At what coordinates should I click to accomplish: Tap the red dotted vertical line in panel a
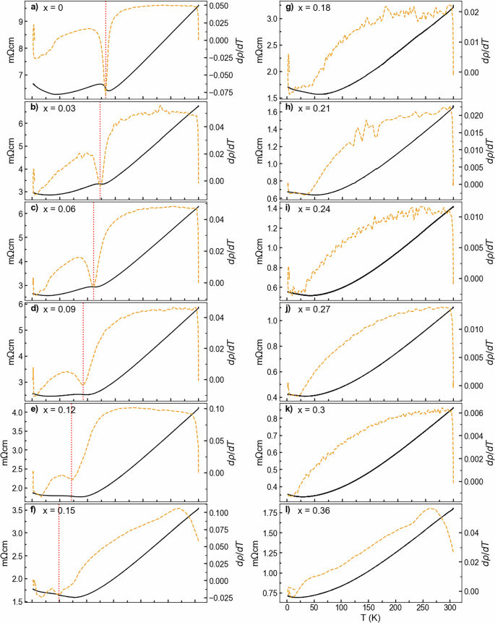coord(106,43)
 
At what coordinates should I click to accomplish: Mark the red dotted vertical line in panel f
coord(59,557)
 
